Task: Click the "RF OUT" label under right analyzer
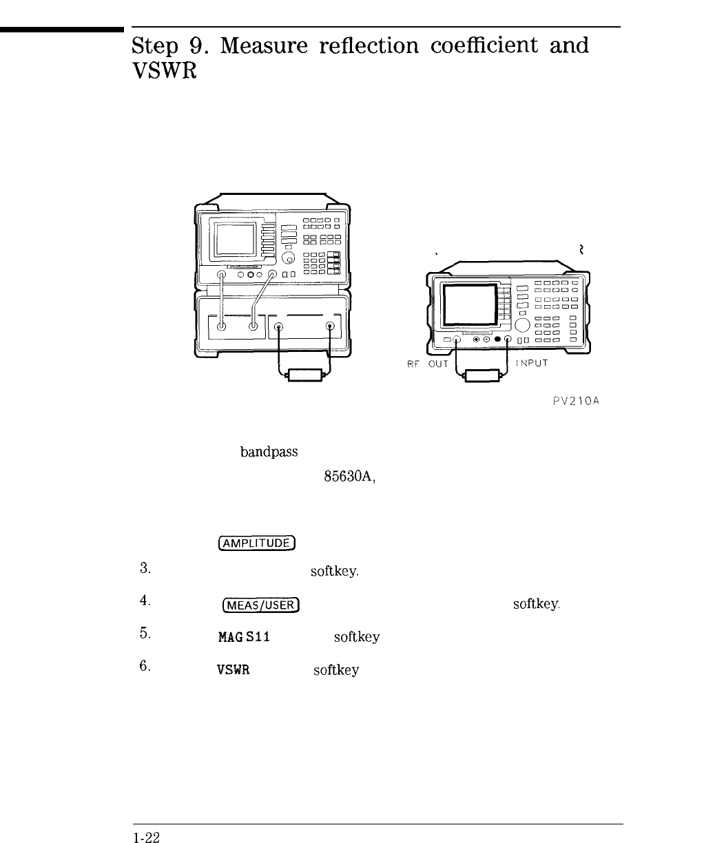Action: tap(424, 364)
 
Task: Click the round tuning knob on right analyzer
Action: tap(522, 324)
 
